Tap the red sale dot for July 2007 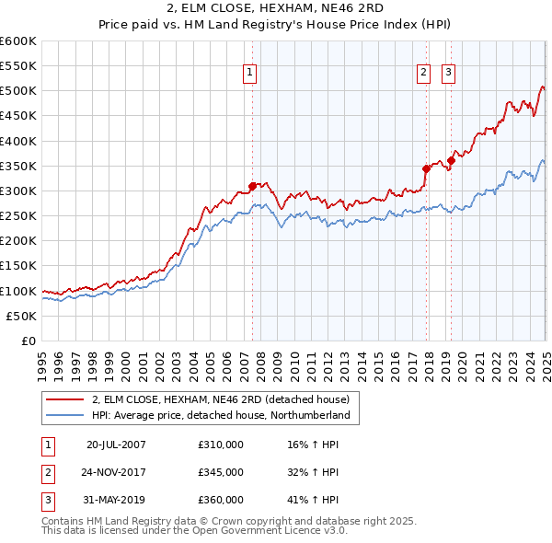click(253, 186)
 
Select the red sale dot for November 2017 click(427, 168)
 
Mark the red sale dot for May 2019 click(452, 161)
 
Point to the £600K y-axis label click(18, 41)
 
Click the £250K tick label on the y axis click(18, 215)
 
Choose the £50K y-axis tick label click(22, 316)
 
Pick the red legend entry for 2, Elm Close click(220, 400)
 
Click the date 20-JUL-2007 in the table click(116, 445)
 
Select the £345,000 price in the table click(221, 472)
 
